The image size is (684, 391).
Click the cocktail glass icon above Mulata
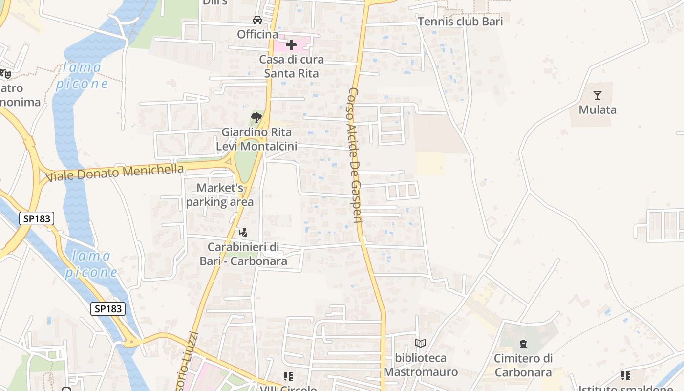click(x=597, y=95)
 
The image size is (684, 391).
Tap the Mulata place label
click(x=598, y=109)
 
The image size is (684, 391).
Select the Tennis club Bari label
click(x=460, y=22)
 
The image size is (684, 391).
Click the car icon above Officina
click(x=257, y=20)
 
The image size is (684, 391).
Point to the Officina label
click(x=257, y=34)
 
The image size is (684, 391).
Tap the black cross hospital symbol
click(x=291, y=45)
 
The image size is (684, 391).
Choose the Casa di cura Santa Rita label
click(x=291, y=66)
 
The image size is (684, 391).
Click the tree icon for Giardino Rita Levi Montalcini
click(x=256, y=117)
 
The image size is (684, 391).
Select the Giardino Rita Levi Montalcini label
click(x=256, y=139)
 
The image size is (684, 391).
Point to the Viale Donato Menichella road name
click(x=115, y=173)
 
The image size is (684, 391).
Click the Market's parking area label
click(x=220, y=195)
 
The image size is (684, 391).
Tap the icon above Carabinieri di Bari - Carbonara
click(x=243, y=232)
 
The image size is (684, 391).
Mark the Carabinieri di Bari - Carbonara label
click(x=243, y=254)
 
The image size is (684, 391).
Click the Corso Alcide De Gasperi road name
click(x=355, y=155)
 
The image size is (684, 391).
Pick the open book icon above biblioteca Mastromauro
click(x=421, y=344)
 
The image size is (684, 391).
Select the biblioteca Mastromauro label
click(x=421, y=365)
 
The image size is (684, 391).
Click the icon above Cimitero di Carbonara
click(x=523, y=344)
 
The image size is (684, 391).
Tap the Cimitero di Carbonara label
click(x=523, y=365)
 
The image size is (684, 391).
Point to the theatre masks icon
click(x=5, y=74)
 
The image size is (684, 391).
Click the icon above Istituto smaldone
click(x=626, y=376)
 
